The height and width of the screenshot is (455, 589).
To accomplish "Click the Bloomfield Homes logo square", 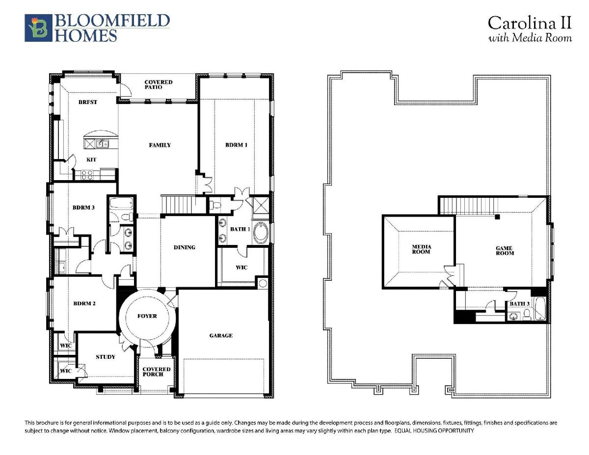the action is coord(38,28).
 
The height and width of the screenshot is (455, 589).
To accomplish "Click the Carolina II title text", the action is coord(530,23).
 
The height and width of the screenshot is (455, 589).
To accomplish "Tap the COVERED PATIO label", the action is coord(159,84).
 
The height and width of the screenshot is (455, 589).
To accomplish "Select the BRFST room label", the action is coord(87,102).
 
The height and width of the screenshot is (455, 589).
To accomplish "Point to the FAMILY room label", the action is coord(160,145).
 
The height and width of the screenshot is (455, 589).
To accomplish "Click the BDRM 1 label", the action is coord(236,145).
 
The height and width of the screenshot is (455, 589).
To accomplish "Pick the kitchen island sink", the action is coord(103,143).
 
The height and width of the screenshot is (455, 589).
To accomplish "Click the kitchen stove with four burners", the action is coord(87,175).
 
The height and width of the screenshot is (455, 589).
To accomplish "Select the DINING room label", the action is coord(185,247).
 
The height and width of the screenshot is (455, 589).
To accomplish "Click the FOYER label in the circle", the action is coord(147,316).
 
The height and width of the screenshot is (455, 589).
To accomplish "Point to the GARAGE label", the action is coord(221,336).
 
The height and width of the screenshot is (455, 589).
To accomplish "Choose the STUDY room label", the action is coord(106,357).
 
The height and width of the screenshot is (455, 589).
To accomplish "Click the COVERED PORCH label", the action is coord(157,372).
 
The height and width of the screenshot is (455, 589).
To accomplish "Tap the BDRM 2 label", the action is coord(84,303).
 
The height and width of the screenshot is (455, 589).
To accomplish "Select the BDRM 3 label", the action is coord(83,208).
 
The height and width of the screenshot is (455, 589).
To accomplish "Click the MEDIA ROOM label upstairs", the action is coord(421,249).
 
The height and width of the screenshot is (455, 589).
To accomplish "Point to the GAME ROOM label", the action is coord(505,250).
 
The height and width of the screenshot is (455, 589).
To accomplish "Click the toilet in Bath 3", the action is coord(527,315).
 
